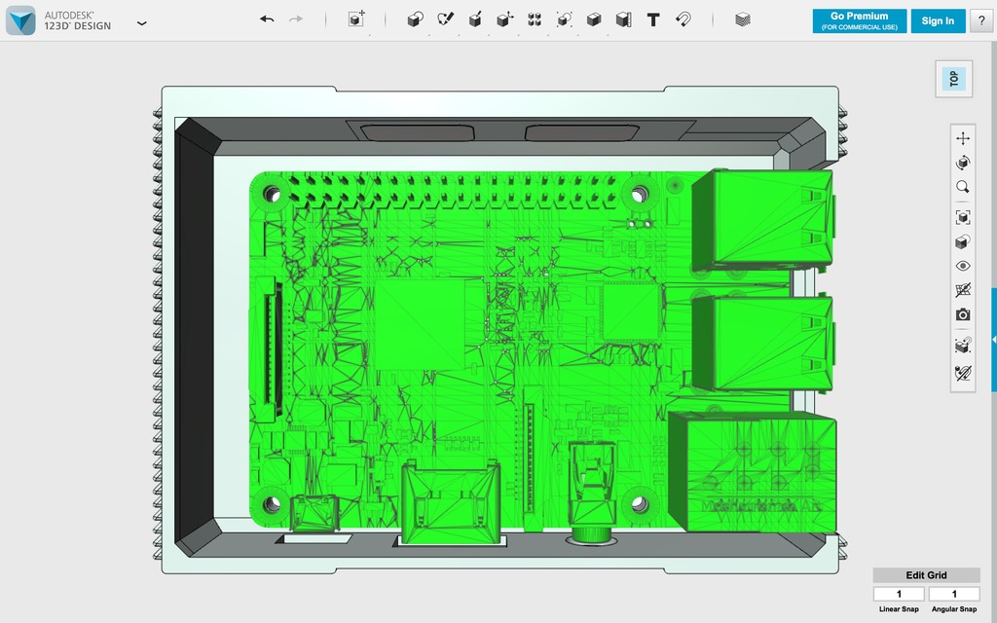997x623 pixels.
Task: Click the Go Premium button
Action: tap(859, 21)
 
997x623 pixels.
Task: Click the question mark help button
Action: tap(981, 21)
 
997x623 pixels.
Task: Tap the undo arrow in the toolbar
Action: tap(267, 19)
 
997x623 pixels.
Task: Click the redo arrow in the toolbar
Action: tap(296, 19)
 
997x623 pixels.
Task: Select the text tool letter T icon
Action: tap(653, 19)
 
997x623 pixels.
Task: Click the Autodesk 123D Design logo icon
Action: tap(20, 20)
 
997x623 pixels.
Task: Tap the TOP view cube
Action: tap(954, 79)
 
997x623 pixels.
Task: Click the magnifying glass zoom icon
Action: tap(963, 187)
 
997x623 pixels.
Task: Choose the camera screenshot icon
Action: tap(963, 314)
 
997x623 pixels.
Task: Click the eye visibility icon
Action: tap(963, 266)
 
